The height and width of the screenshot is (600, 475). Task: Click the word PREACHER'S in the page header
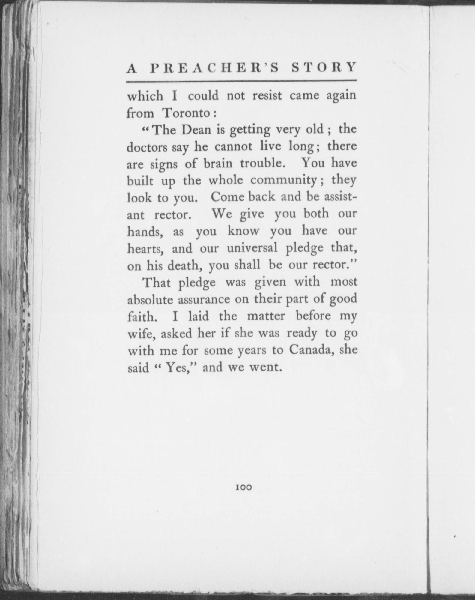(x=215, y=68)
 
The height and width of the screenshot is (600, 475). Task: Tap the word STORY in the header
(x=324, y=68)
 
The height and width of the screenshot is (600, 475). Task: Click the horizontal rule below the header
(x=241, y=81)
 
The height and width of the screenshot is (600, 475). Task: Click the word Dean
(x=196, y=130)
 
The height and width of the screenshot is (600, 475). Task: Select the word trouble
(x=261, y=163)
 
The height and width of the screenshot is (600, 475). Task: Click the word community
(x=283, y=180)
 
